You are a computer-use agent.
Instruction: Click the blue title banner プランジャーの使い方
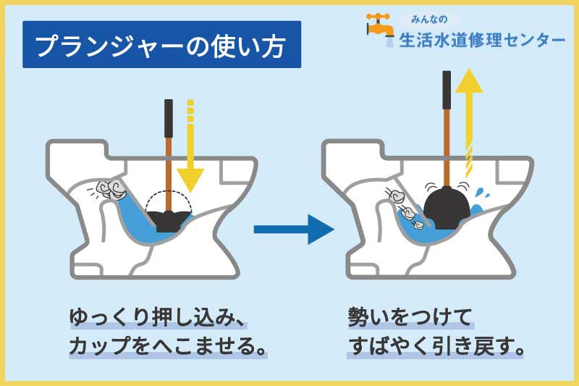coord(161,46)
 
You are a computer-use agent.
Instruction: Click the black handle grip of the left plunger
coord(169,118)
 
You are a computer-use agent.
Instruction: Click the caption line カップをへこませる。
coord(166,346)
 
